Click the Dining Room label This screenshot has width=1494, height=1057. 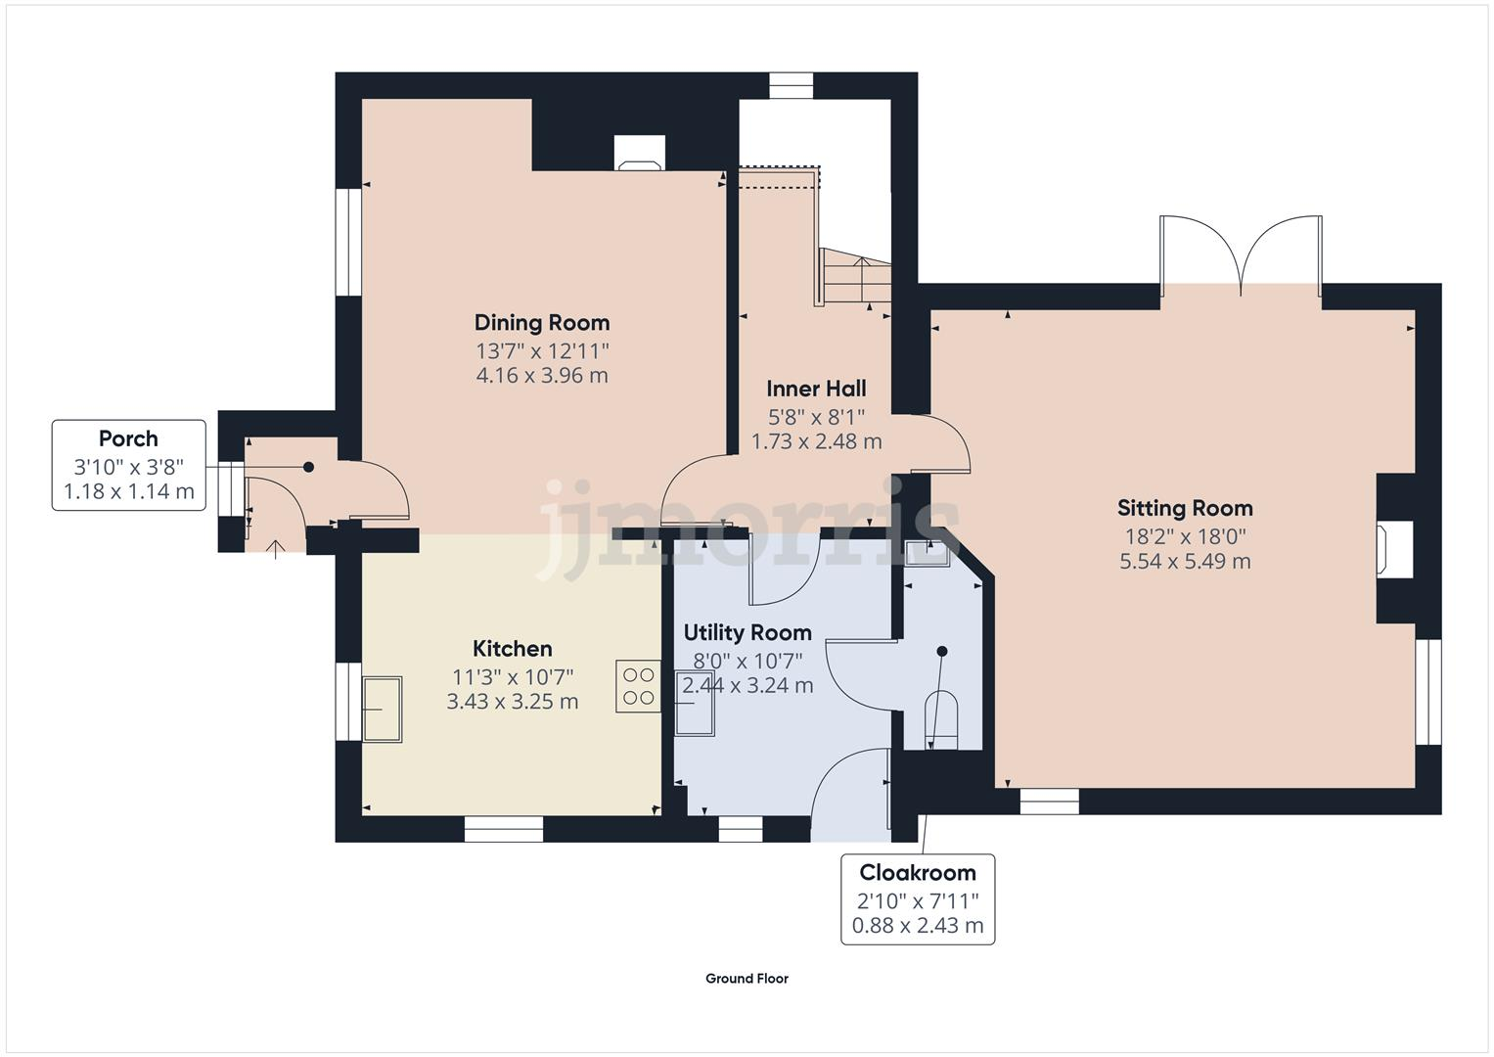pos(541,323)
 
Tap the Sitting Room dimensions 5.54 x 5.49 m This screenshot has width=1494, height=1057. pos(1185,562)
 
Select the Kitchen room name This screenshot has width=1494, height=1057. pos(512,649)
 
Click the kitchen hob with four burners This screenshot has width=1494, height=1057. pos(638,686)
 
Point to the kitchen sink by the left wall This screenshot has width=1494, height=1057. pos(382,709)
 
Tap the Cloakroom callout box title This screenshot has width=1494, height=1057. pos(917,872)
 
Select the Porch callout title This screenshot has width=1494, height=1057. pos(128,439)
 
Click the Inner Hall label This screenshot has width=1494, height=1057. pos(816,390)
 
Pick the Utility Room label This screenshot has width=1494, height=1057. pos(747,633)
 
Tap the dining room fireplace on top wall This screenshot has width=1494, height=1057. pos(640,154)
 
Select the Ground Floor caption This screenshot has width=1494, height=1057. pos(747,979)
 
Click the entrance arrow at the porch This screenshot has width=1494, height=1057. pos(276,548)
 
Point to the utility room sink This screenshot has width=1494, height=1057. pos(695,703)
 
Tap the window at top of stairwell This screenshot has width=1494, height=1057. pos(791,86)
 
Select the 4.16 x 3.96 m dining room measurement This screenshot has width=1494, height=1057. pos(541,376)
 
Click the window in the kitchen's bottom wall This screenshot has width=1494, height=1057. pos(503,829)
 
